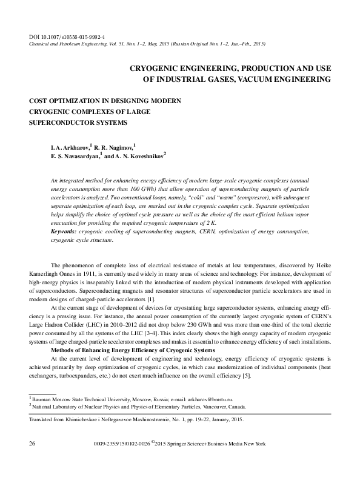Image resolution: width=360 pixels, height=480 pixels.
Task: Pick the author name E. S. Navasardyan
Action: [x=77, y=156]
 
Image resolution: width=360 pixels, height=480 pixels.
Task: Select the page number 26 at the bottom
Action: [x=32, y=444]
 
